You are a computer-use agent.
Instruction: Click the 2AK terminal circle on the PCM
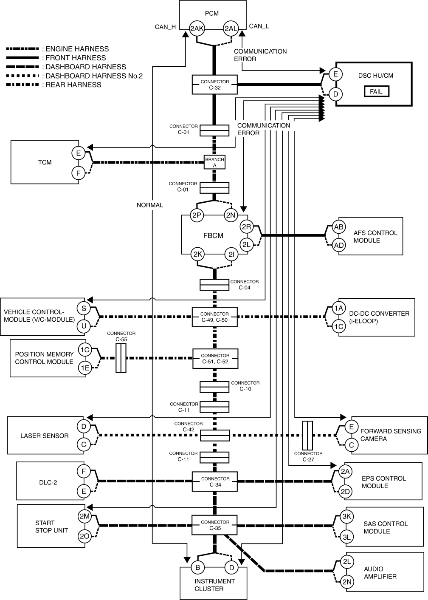coord(197,28)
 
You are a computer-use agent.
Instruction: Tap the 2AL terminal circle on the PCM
coord(231,28)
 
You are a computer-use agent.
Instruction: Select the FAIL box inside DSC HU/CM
coord(376,91)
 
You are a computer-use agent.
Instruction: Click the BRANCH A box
coord(214,162)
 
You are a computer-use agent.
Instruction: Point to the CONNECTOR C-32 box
coord(214,85)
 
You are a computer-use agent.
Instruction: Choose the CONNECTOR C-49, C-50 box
coord(214,317)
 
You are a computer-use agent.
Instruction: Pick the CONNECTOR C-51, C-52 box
coord(215,358)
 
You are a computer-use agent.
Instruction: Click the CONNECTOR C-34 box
coord(215,481)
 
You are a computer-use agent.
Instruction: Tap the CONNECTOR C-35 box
coord(215,525)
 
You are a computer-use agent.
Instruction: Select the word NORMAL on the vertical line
coord(149,205)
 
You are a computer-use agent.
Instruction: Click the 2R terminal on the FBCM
coord(246,227)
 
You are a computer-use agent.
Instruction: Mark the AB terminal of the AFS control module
coord(338,227)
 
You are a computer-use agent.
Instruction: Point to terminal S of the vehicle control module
coord(84,308)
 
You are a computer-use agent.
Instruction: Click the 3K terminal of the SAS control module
coord(346,516)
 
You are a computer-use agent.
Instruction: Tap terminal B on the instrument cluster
coord(197,567)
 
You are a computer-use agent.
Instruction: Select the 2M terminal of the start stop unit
coord(84,516)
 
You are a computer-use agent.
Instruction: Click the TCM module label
coord(45,162)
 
